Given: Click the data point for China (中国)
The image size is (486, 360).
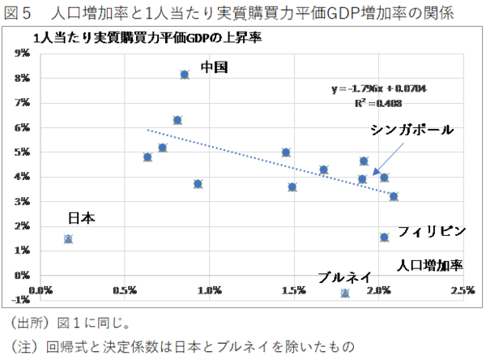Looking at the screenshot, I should [185, 75].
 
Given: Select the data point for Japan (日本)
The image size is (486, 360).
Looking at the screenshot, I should [68, 238].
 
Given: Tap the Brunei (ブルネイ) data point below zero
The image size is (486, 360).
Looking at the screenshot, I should [346, 293].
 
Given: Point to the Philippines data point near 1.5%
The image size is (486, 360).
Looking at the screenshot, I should [384, 237].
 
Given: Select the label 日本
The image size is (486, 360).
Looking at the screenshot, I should [81, 217].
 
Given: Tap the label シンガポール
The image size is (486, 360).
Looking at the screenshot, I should [411, 130].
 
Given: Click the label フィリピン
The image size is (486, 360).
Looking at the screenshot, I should [432, 231].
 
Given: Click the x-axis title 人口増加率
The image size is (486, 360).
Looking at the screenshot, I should [429, 265].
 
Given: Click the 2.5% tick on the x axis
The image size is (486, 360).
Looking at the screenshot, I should [463, 289].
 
